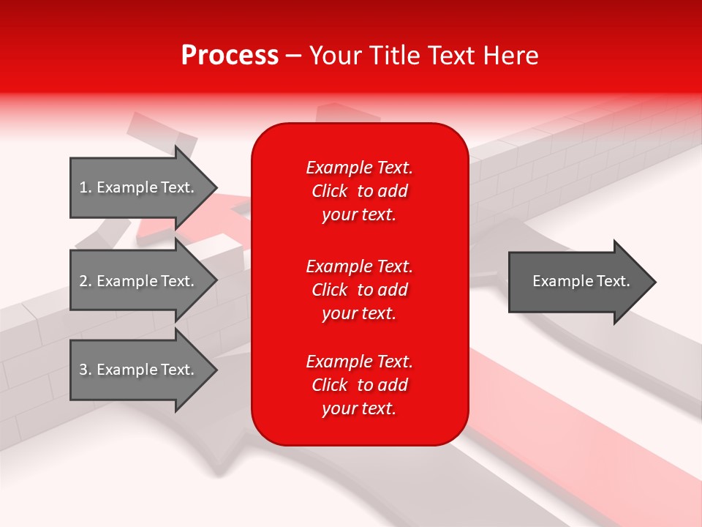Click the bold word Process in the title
pyautogui.click(x=230, y=56)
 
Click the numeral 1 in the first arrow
pyautogui.click(x=83, y=187)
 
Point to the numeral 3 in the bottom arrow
pyautogui.click(x=83, y=370)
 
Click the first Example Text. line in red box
pyautogui.click(x=359, y=168)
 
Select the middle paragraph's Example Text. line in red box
pyautogui.click(x=359, y=266)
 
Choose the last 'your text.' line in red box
pyautogui.click(x=359, y=409)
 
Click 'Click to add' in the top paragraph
pyautogui.click(x=359, y=191)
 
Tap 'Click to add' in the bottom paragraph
pyautogui.click(x=359, y=385)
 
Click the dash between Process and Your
pyautogui.click(x=293, y=56)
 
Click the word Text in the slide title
pyautogui.click(x=451, y=56)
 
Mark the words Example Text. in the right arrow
pyautogui.click(x=581, y=281)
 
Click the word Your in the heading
pyautogui.click(x=335, y=56)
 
